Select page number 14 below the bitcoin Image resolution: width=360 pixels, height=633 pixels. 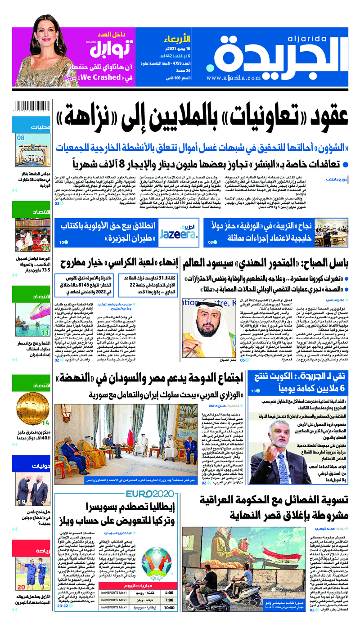coord(46,423)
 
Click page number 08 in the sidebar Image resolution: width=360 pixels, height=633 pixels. coord(21,138)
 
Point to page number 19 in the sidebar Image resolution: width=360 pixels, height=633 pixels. coord(21,502)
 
